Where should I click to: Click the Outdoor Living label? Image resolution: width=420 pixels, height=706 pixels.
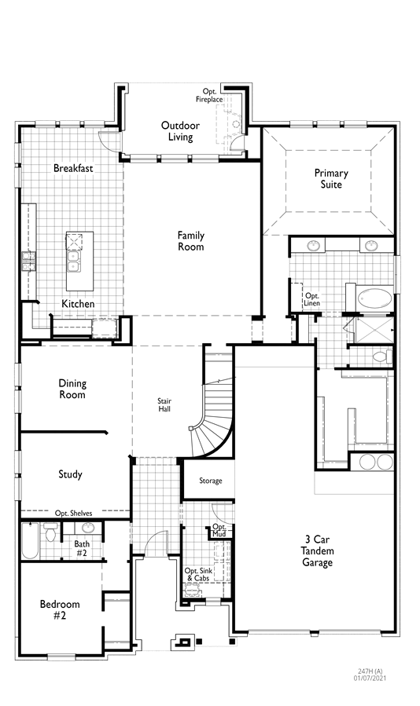click(180, 131)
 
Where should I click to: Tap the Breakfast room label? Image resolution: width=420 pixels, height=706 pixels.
click(73, 168)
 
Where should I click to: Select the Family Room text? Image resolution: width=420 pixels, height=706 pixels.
click(191, 241)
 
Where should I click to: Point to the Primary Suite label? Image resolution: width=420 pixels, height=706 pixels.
click(331, 179)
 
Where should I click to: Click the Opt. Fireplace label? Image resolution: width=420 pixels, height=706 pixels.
click(209, 96)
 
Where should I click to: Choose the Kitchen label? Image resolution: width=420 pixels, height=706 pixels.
click(78, 303)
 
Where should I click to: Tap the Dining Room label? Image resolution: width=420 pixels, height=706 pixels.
click(72, 389)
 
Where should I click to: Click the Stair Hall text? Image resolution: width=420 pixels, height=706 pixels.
click(164, 404)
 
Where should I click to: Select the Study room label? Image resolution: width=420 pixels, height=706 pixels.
click(70, 474)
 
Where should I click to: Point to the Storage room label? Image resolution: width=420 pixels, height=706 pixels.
click(211, 481)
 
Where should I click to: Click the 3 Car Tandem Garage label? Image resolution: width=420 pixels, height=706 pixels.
click(317, 551)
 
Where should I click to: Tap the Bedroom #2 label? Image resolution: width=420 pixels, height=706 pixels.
click(60, 609)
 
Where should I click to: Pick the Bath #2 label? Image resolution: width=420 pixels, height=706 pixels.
click(82, 549)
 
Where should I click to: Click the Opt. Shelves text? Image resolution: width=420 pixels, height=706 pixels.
click(73, 514)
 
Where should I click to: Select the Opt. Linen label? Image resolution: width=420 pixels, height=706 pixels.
click(312, 299)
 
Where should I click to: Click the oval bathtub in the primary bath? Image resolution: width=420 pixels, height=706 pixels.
click(375, 298)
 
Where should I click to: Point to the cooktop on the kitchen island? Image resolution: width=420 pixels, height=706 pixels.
click(74, 241)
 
